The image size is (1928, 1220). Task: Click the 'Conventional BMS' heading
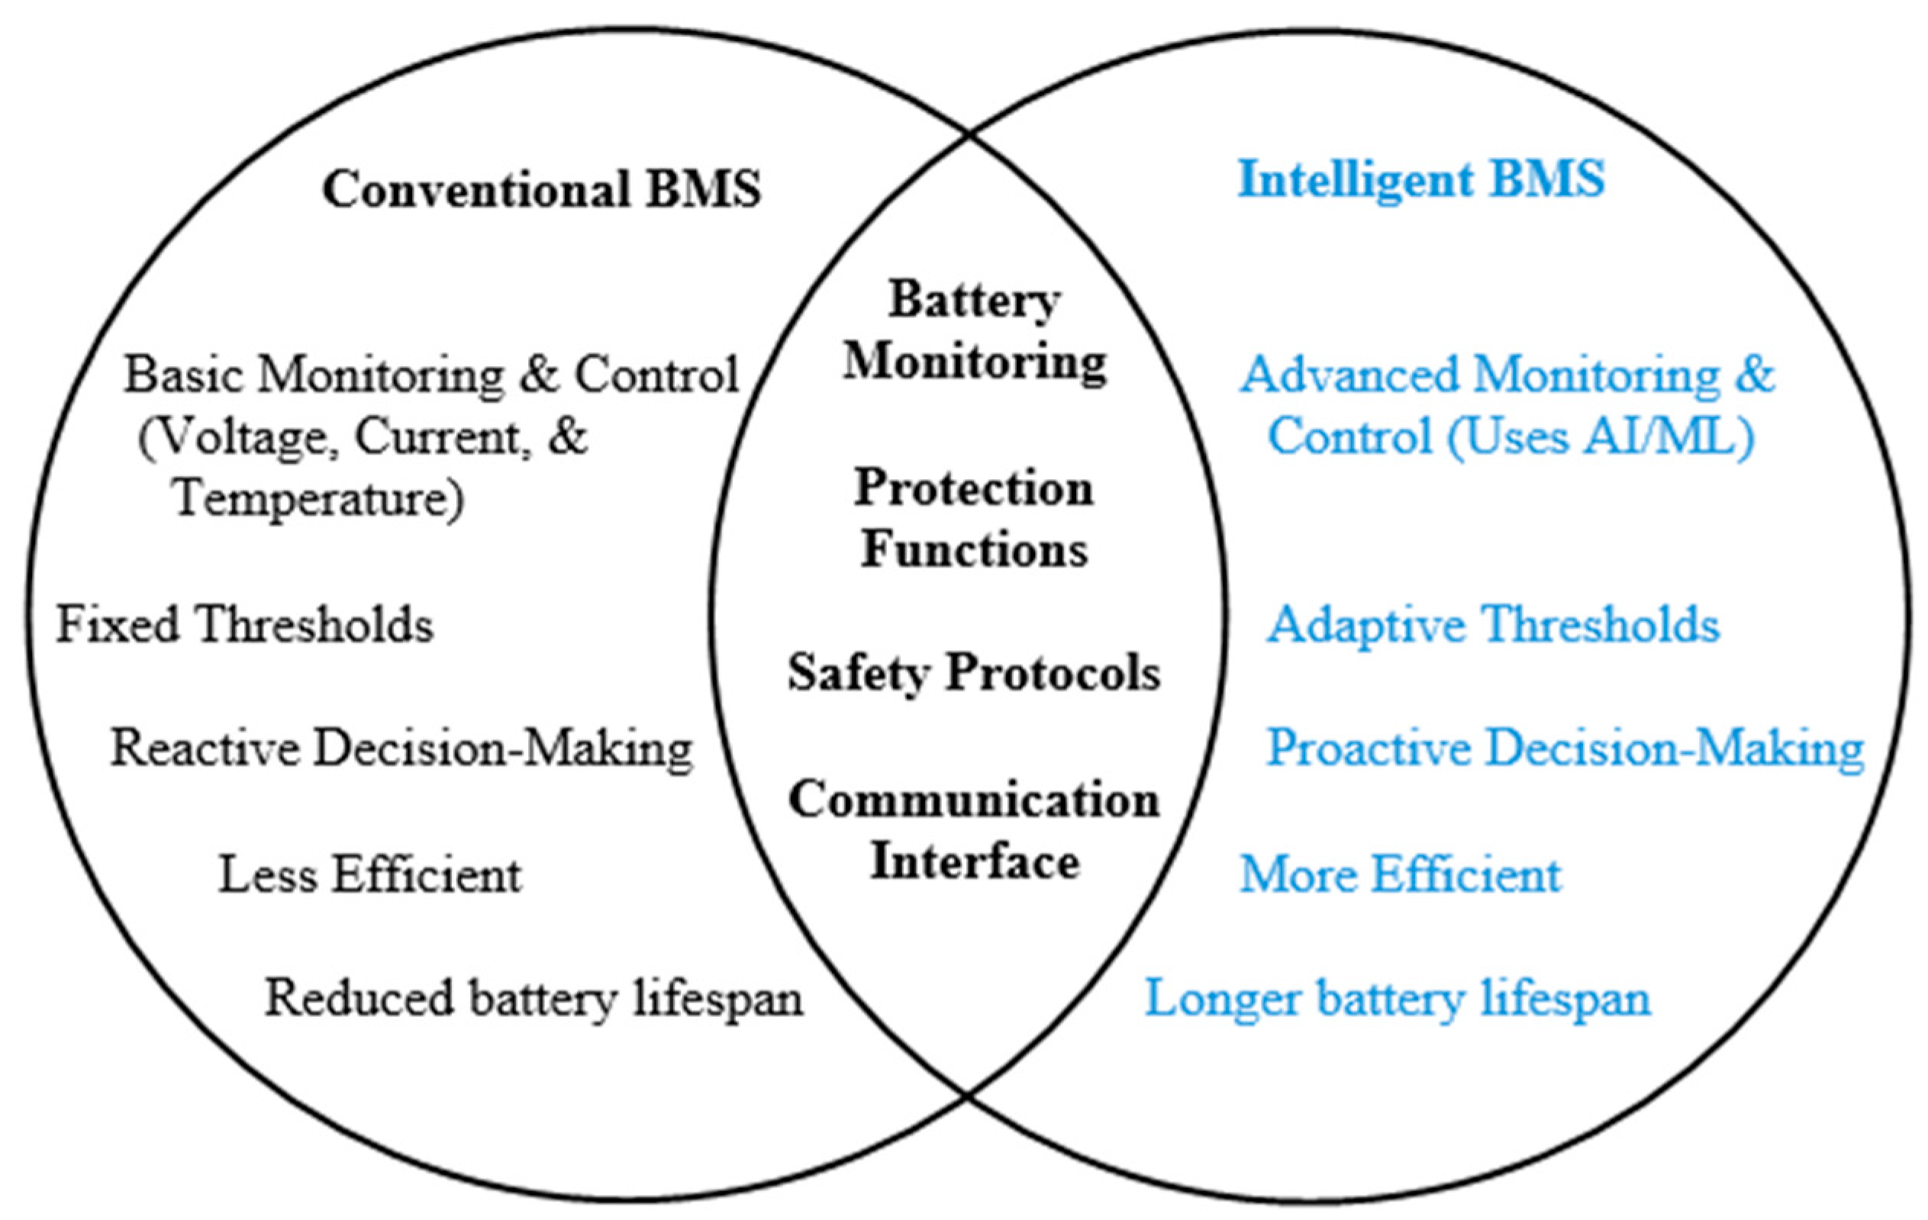click(x=541, y=190)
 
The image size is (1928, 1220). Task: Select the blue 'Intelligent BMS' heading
click(x=1421, y=179)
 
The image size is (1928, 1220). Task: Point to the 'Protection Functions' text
click(x=974, y=519)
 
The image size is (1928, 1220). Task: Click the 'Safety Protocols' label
click(x=974, y=672)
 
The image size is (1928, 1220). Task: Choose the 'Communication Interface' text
click(x=974, y=830)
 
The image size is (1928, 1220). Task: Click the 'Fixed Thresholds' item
click(x=245, y=624)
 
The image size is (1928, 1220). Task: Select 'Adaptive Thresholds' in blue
click(x=1492, y=624)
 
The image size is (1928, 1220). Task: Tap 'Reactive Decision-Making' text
click(x=401, y=748)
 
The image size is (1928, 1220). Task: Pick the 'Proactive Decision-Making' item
click(x=1565, y=748)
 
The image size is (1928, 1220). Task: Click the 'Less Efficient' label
click(x=370, y=874)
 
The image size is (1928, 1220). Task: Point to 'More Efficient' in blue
click(x=1401, y=874)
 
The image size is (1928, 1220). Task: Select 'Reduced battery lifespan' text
click(x=534, y=998)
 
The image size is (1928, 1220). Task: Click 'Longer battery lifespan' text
click(x=1398, y=998)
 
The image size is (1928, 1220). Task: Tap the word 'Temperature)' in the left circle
click(x=319, y=500)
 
